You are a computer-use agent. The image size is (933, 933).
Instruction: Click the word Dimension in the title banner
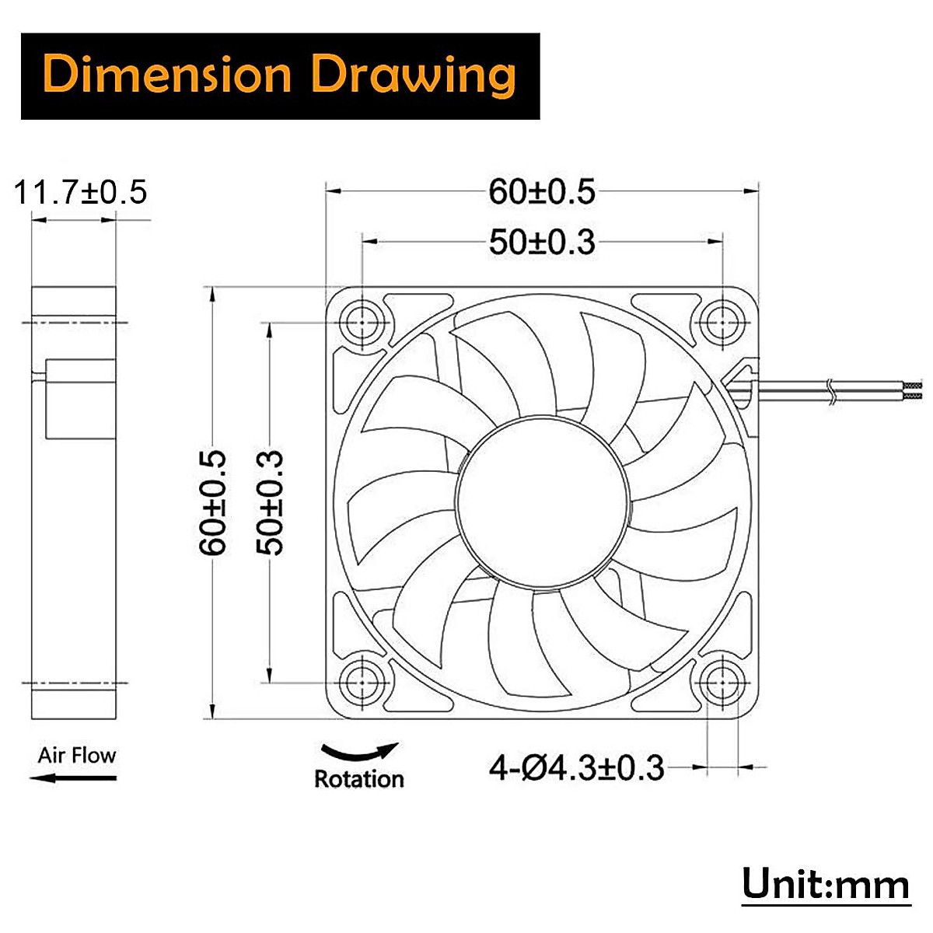click(x=167, y=75)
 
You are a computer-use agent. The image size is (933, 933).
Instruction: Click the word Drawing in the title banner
click(x=413, y=75)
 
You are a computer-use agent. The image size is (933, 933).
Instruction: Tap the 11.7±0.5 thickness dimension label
click(x=81, y=192)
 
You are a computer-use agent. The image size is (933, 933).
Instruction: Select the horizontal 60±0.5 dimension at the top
click(x=542, y=192)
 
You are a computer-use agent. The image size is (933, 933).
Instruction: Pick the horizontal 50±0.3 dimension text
click(x=542, y=243)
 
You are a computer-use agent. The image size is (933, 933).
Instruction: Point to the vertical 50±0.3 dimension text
click(x=270, y=502)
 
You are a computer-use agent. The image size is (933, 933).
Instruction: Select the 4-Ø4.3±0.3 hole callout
click(x=576, y=769)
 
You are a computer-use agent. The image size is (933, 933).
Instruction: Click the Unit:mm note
click(x=825, y=885)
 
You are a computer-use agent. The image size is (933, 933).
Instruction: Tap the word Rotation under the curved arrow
click(x=358, y=779)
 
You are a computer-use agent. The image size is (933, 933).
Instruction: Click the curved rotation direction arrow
click(x=360, y=753)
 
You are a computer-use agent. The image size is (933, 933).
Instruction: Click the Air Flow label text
click(x=76, y=755)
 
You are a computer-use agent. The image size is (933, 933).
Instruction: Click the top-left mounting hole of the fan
click(x=362, y=323)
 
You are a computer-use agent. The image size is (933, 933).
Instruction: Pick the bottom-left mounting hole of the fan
click(x=362, y=683)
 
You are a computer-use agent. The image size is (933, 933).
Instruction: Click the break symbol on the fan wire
click(x=831, y=391)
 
